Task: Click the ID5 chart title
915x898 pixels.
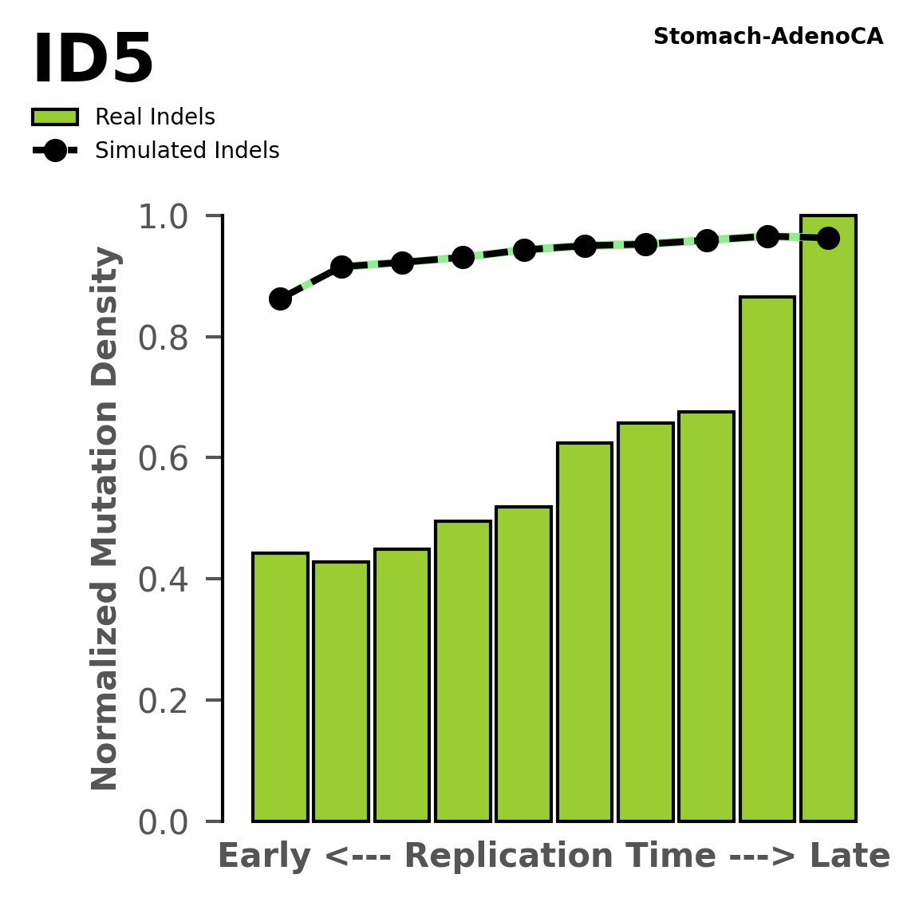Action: [93, 61]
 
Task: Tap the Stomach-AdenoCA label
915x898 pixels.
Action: [767, 37]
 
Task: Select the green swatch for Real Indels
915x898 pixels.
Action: [55, 117]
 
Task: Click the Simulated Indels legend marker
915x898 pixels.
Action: [55, 150]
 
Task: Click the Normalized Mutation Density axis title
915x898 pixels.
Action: [105, 518]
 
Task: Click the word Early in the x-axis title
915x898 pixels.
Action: [264, 856]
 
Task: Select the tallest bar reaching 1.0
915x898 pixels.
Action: [828, 519]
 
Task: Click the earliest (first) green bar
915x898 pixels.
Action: [280, 686]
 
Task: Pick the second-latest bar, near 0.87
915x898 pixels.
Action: [767, 559]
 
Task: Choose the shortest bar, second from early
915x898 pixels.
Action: [341, 691]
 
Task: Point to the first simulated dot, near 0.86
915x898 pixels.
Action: [280, 299]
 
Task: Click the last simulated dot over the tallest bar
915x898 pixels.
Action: [828, 238]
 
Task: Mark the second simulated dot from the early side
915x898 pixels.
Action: [341, 267]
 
